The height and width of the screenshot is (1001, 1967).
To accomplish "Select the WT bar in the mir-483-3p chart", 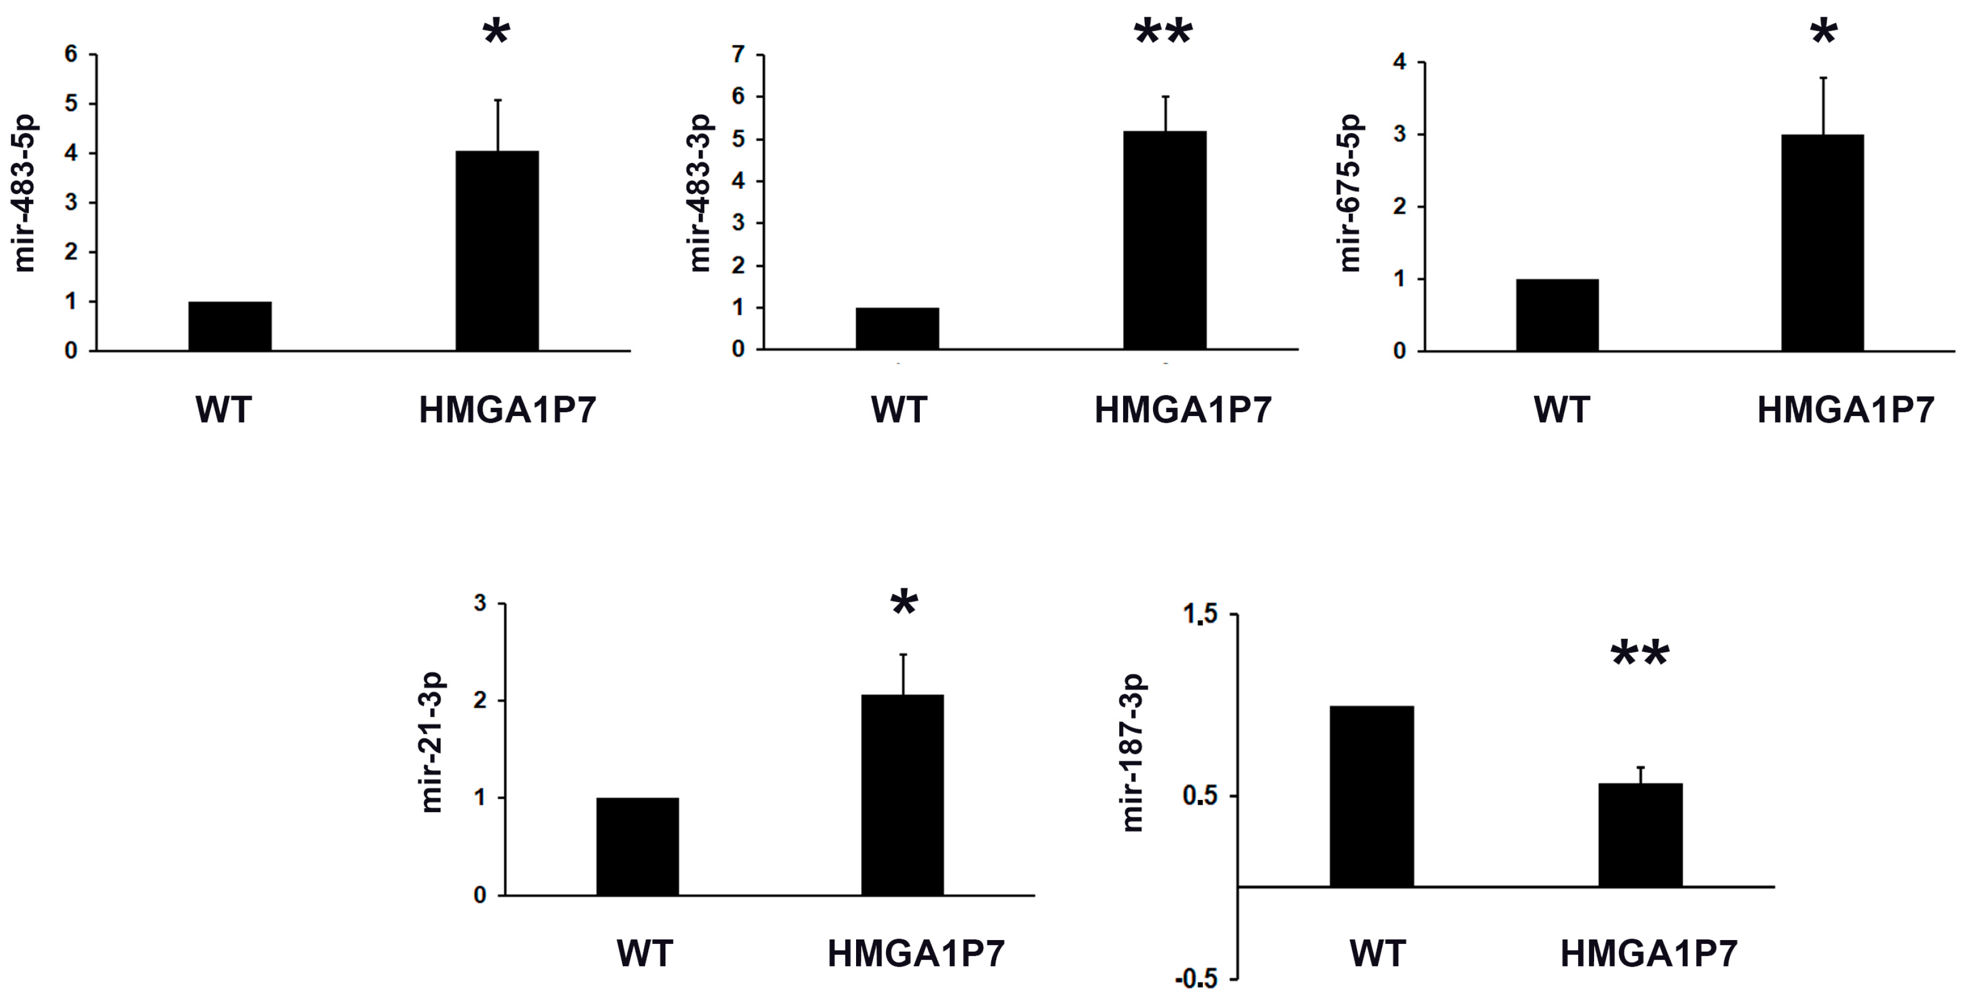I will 897,328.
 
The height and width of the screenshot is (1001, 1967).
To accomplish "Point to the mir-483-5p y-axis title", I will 25,193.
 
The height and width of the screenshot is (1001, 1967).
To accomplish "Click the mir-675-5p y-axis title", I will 1350,193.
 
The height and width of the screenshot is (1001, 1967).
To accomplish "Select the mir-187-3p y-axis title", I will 1133,753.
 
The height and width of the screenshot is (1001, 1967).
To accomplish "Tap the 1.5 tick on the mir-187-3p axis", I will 1200,615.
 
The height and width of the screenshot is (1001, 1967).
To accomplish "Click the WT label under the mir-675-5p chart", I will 1561,410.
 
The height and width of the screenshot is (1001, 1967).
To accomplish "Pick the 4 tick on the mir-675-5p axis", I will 1400,62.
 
